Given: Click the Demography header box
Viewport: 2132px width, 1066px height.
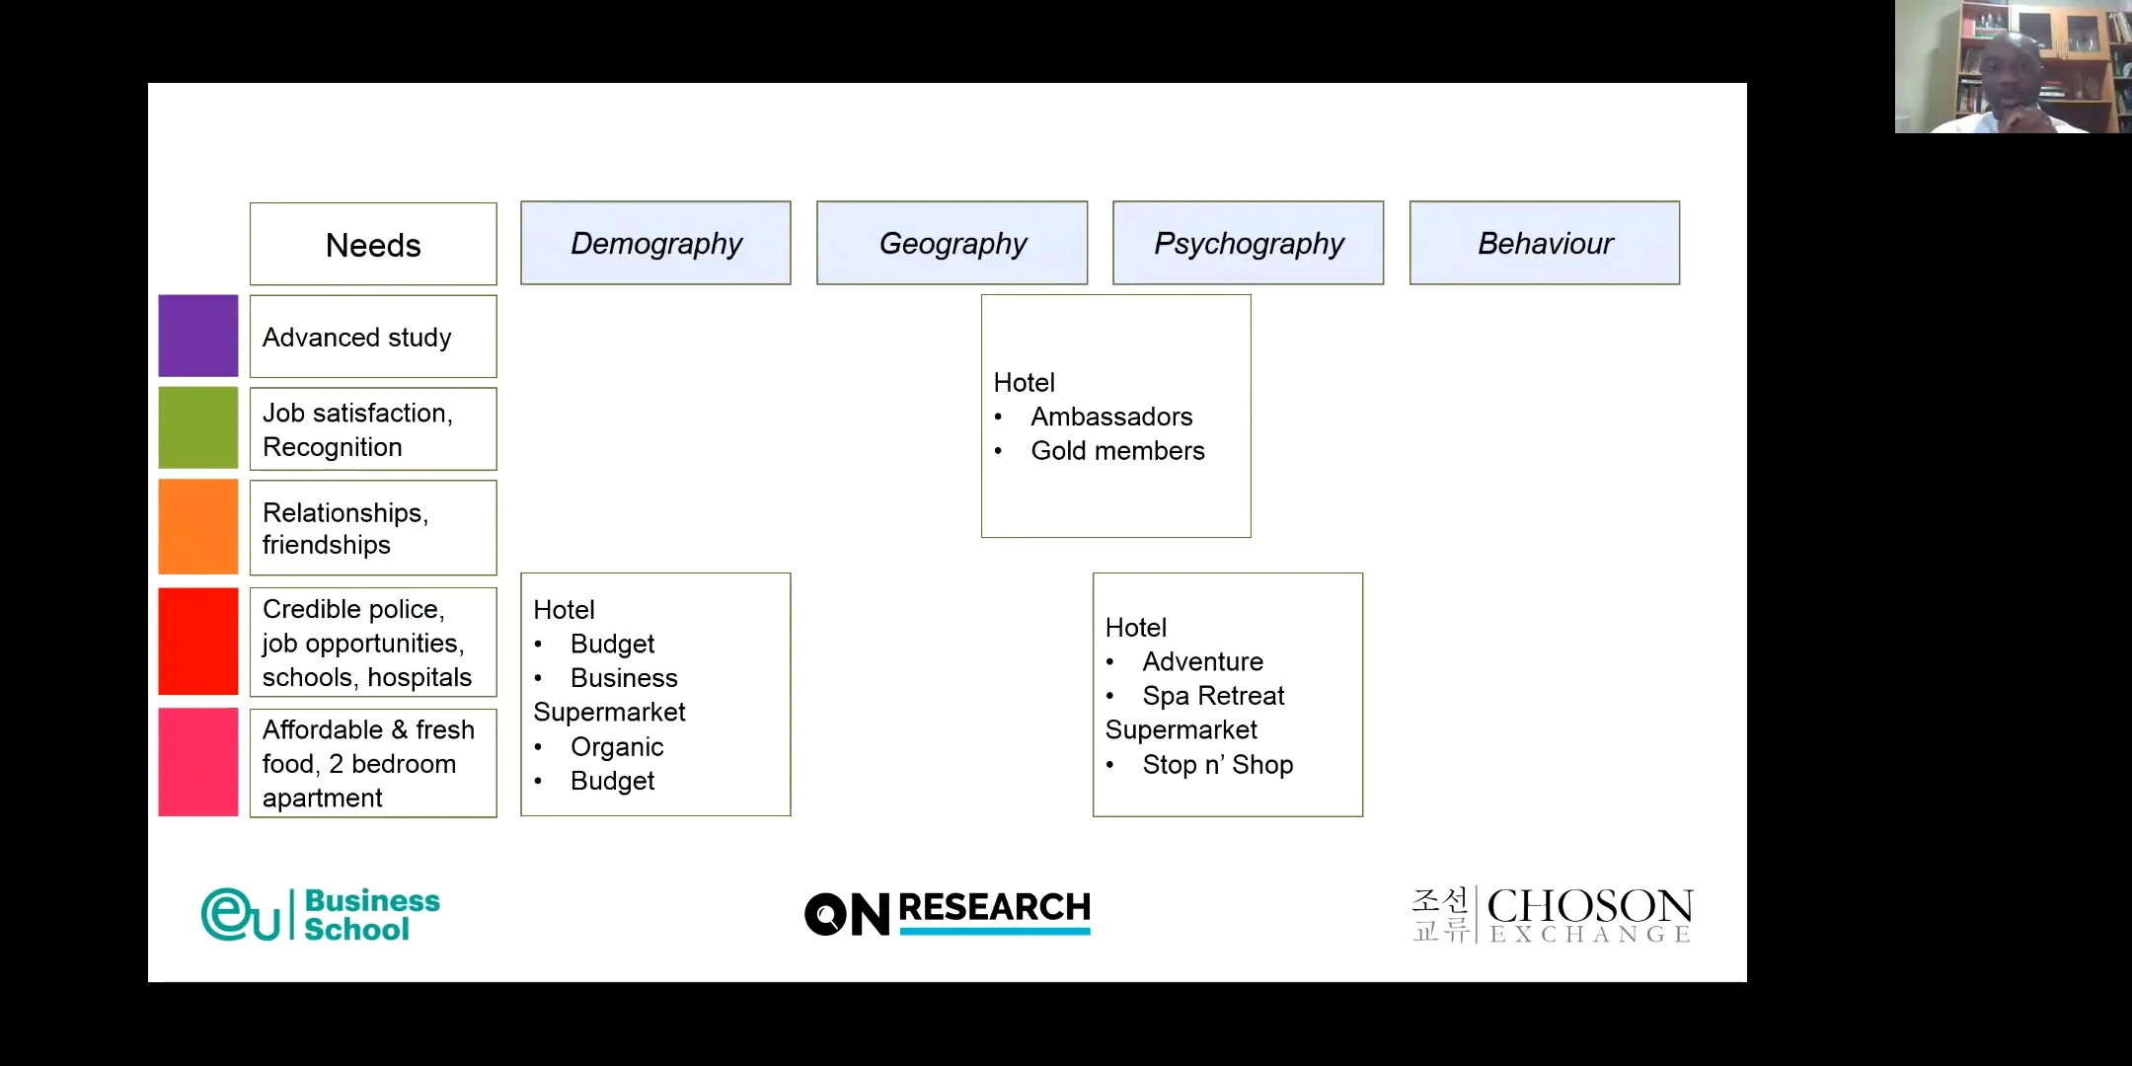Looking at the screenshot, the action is [655, 243].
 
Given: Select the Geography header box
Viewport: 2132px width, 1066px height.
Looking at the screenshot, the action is [952, 243].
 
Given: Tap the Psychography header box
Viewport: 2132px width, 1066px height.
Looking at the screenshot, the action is [1248, 243].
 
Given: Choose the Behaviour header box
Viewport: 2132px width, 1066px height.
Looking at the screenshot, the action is [1545, 243].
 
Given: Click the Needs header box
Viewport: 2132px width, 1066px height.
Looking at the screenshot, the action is [373, 245].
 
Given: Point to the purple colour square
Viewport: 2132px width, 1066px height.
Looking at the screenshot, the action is [198, 336].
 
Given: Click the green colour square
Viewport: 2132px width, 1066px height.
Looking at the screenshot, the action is [198, 427].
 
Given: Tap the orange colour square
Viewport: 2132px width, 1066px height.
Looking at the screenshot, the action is [198, 526].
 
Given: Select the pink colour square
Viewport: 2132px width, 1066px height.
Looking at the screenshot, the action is [198, 762].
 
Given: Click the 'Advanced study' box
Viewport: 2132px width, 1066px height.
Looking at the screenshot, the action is [373, 337].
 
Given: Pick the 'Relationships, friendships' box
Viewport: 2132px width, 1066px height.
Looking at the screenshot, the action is [373, 528].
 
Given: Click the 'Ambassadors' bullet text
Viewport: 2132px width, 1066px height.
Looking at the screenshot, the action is [1111, 417].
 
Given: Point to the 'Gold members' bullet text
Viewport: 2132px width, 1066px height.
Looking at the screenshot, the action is [1117, 451].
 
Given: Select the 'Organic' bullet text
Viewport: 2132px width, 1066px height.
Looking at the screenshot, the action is [617, 747].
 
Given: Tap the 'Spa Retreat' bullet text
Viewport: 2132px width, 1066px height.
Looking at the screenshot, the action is [1213, 696].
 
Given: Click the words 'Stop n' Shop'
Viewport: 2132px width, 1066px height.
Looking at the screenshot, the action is [1217, 765].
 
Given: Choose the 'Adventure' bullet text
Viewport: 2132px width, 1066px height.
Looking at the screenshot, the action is [1202, 661].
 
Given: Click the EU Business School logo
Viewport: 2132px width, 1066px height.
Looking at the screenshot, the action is [321, 914].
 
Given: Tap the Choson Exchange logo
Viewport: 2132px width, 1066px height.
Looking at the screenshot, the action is [1553, 915].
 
